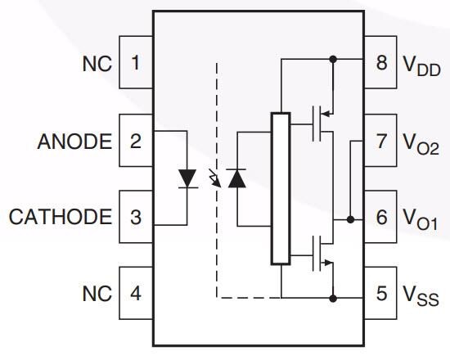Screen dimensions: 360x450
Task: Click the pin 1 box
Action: [x=136, y=62]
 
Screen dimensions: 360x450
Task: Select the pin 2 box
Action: [x=136, y=141]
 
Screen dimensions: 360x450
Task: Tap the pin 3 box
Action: [x=136, y=217]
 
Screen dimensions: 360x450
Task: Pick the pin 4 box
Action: [x=136, y=292]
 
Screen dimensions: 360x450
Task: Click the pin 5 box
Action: [x=381, y=292]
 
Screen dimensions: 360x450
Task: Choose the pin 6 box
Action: [x=381, y=217]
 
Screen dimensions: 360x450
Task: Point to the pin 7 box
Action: [x=381, y=141]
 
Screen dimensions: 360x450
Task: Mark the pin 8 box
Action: [x=381, y=62]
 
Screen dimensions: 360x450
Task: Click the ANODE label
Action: [x=74, y=142]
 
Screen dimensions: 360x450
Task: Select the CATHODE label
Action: [x=61, y=218]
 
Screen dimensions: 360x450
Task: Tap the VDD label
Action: [x=421, y=65]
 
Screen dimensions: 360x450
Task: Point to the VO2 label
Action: [x=421, y=144]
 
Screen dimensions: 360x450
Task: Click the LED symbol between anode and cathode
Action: [x=187, y=178]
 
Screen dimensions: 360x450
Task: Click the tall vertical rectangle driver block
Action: [x=281, y=188]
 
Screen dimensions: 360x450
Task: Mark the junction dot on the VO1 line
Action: [x=350, y=219]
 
